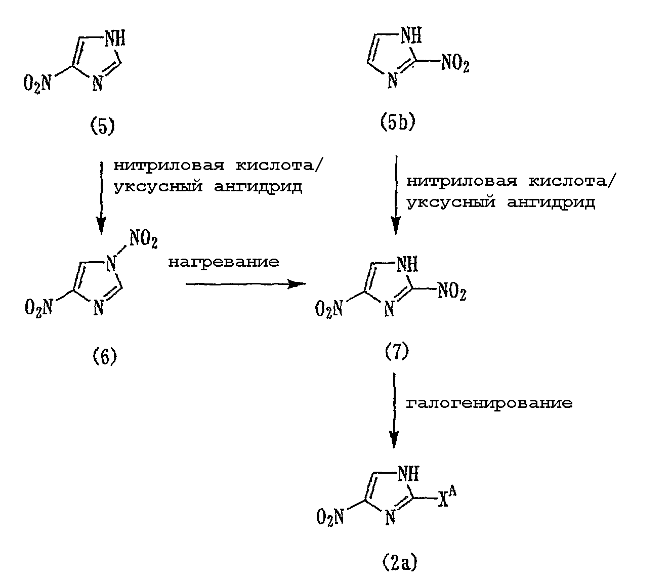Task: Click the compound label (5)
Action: pos(102,127)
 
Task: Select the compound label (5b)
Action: pos(398,122)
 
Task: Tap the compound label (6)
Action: pos(105,357)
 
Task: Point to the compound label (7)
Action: pos(397,351)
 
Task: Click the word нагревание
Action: pos(224,262)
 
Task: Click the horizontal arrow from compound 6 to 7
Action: pos(246,284)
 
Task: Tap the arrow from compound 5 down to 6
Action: pos(101,198)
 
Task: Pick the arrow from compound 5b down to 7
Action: pos(396,195)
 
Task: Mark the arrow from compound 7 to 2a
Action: pos(394,410)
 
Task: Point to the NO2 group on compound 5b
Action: pos(455,63)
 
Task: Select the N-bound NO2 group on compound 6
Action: pos(144,240)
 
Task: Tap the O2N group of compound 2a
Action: pos(330,517)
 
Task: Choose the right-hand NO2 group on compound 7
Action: pos(452,291)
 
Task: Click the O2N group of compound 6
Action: pos(38,308)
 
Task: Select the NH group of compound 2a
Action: pos(408,474)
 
